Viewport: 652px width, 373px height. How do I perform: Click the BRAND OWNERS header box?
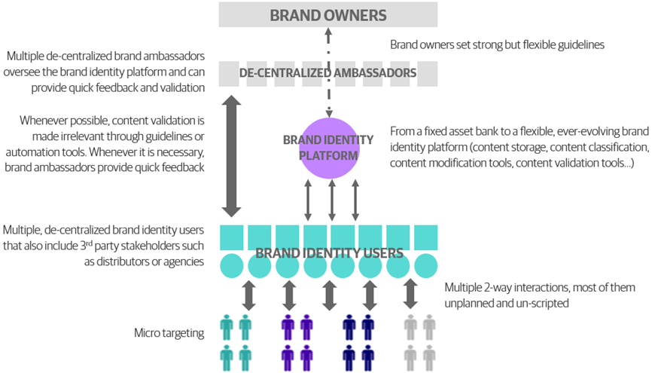coord(328,15)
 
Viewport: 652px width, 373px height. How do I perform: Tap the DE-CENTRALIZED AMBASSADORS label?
coord(328,73)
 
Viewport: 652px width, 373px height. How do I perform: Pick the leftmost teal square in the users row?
coord(231,237)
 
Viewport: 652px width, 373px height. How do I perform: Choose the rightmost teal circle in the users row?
coord(426,266)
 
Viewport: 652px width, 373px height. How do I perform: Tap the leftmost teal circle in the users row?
coord(231,266)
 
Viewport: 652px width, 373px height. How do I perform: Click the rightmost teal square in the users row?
coord(426,237)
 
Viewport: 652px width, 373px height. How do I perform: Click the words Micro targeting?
coord(169,332)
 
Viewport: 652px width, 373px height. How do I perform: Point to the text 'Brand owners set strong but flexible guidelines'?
coord(497,45)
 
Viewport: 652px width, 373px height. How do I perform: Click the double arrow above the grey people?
coord(410,295)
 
